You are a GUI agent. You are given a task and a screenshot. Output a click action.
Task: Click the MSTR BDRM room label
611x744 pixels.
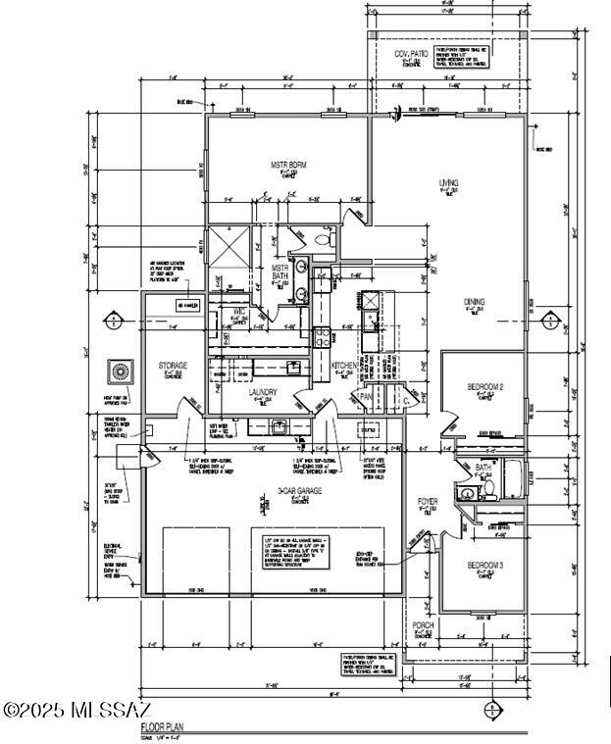pyautogui.click(x=288, y=165)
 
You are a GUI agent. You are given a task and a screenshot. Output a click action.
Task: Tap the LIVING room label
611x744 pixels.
pyautogui.click(x=448, y=183)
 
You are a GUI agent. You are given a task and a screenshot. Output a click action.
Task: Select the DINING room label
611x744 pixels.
pyautogui.click(x=476, y=302)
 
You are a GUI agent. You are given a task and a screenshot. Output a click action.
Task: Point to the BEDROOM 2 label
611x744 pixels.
pyautogui.click(x=484, y=387)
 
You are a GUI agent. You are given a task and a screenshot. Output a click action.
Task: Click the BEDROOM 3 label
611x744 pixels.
pyautogui.click(x=484, y=566)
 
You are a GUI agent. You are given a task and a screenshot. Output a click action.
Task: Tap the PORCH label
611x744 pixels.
pyautogui.click(x=423, y=625)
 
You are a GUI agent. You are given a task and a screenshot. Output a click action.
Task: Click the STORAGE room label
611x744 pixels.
pyautogui.click(x=173, y=366)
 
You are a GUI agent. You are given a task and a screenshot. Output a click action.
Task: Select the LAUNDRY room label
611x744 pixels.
pyautogui.click(x=263, y=392)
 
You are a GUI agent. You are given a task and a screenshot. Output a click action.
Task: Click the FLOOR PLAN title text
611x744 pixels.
pyautogui.click(x=162, y=728)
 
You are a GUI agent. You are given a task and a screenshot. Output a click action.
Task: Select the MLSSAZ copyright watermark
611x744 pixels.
pyautogui.click(x=76, y=709)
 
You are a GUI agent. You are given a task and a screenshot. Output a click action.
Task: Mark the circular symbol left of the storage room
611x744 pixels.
pyautogui.click(x=122, y=372)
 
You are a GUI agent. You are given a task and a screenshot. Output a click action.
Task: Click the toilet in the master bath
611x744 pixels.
pyautogui.click(x=328, y=239)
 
